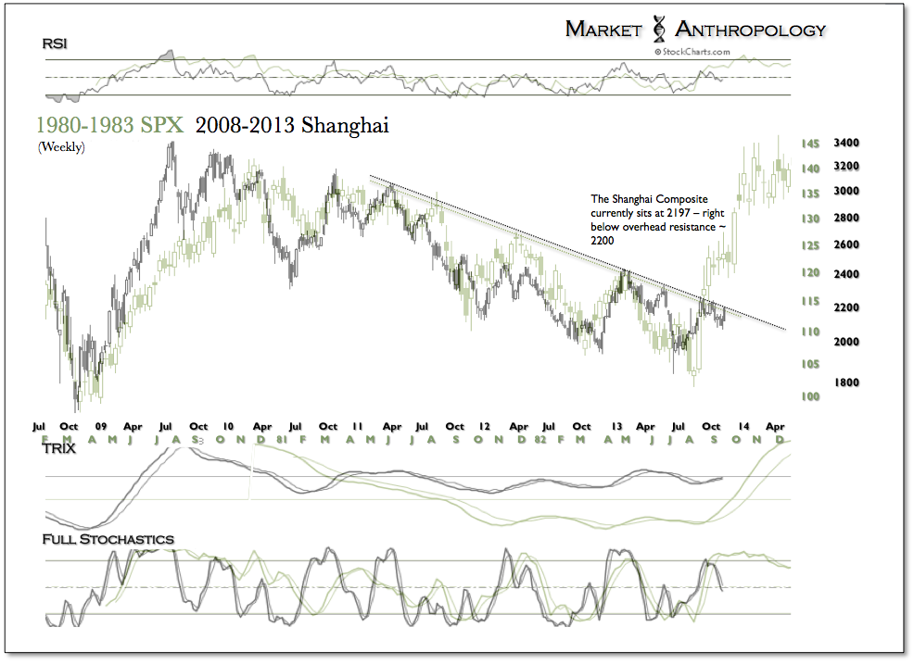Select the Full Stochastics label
108,539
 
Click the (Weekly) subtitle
61,146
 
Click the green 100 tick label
784,396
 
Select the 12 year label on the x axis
484,426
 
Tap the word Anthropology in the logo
749,30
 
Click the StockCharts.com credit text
692,53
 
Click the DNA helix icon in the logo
659,29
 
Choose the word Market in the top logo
603,30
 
